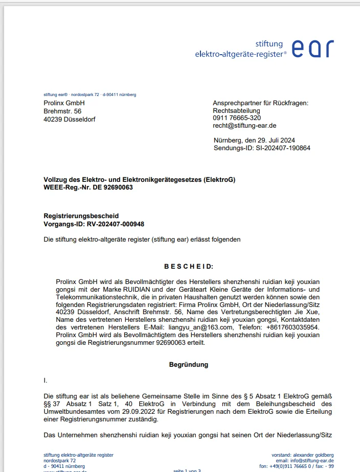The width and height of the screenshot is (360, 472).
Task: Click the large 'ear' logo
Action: click(x=313, y=48)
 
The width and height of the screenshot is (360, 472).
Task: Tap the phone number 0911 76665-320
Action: click(x=237, y=118)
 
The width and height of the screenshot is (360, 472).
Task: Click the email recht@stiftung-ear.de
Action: click(x=244, y=126)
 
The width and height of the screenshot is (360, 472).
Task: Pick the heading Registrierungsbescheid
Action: click(x=81, y=216)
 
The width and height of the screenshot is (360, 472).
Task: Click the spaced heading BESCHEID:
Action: click(x=189, y=266)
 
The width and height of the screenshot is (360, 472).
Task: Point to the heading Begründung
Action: click(x=189, y=365)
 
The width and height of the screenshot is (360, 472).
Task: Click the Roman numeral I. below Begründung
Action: click(x=46, y=381)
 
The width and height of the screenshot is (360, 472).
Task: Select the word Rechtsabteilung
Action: click(x=236, y=110)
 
